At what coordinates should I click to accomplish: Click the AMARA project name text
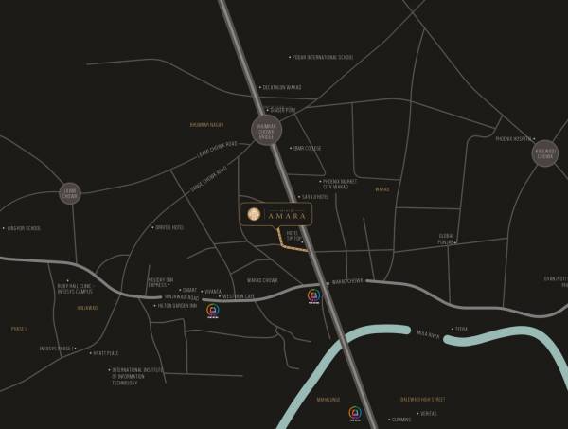(x=288, y=216)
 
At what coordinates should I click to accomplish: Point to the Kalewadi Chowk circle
(x=546, y=152)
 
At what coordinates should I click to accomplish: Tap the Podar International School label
(x=323, y=58)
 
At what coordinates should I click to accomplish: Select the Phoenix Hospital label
(x=510, y=139)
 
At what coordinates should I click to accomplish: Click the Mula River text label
(x=427, y=334)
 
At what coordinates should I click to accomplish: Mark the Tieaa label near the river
(x=461, y=329)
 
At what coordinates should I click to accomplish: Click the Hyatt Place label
(x=103, y=353)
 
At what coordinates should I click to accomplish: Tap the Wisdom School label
(x=25, y=228)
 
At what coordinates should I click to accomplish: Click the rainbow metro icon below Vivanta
(x=213, y=311)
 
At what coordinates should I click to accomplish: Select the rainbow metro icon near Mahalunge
(x=354, y=412)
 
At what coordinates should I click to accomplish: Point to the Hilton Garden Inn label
(x=175, y=306)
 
